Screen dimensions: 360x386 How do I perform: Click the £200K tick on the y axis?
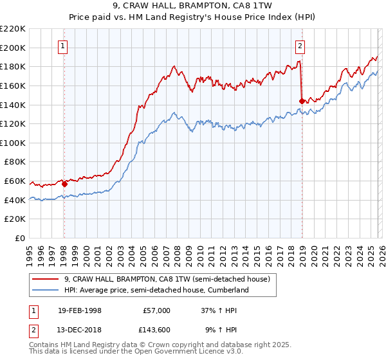pyautogui.click(x=13, y=48)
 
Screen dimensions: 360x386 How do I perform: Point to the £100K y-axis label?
pyautogui.click(x=13, y=143)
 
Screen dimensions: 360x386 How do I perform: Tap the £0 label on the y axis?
pyautogui.click(x=19, y=239)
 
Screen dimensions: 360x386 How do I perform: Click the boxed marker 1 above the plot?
pyautogui.click(x=64, y=46)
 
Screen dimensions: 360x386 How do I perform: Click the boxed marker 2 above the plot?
pyautogui.click(x=300, y=46)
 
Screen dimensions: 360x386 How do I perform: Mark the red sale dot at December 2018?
pyautogui.click(x=302, y=100)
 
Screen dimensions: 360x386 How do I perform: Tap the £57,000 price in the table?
pyautogui.click(x=156, y=310)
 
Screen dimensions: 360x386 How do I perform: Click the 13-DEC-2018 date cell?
pyautogui.click(x=78, y=330)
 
